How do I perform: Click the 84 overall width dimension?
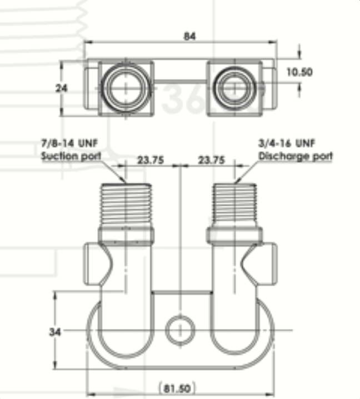click(190, 36)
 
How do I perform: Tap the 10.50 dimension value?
click(299, 72)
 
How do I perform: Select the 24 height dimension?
click(62, 88)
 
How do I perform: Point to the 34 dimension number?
click(55, 332)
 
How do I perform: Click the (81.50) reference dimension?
click(177, 388)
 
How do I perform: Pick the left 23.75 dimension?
click(151, 160)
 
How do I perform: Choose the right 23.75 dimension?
click(212, 160)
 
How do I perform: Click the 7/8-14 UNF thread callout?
click(69, 143)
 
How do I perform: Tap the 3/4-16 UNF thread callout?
click(287, 143)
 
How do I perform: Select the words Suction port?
click(71, 156)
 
